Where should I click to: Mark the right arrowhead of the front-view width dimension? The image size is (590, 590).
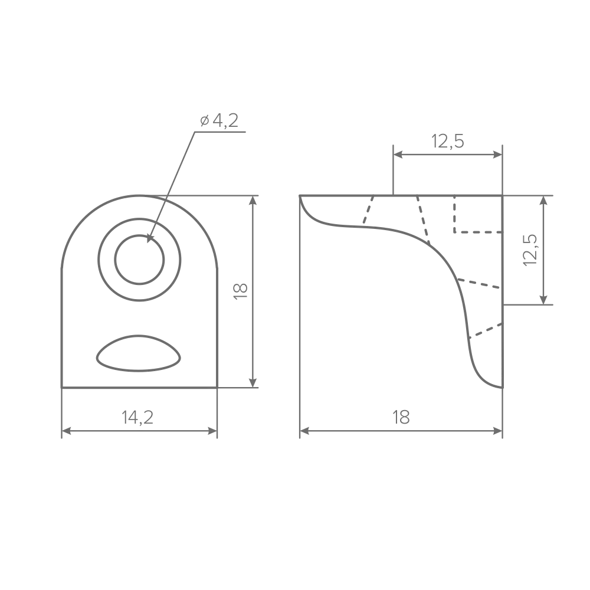pos(212,431)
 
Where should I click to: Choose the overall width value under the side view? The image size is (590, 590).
pos(401,417)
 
